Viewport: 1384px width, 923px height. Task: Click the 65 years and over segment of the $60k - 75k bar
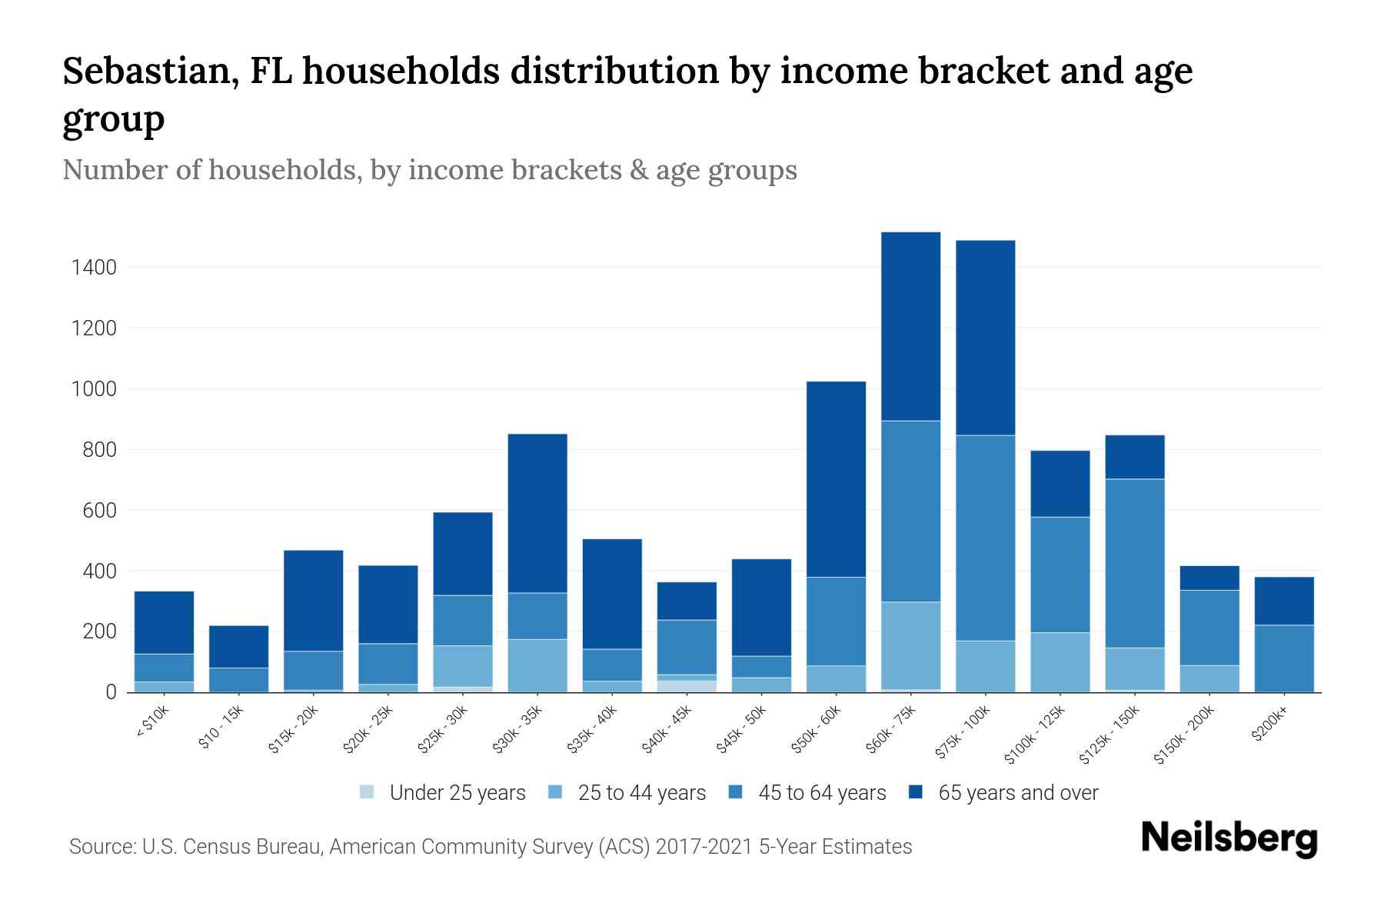click(910, 326)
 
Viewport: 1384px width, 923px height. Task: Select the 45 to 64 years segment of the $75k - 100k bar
click(985, 538)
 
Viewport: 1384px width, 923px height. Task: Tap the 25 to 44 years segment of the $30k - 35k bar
click(537, 665)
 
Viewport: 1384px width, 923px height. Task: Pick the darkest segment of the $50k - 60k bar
click(836, 478)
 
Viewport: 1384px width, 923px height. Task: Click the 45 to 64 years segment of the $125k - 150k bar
click(1135, 563)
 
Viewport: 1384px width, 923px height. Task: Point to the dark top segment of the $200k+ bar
click(1284, 601)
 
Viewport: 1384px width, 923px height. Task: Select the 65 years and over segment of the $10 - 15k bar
click(238, 646)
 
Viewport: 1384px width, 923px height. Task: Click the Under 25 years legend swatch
click(368, 792)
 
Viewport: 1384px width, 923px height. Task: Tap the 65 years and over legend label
click(1018, 793)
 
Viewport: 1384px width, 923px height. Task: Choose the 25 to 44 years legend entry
click(641, 793)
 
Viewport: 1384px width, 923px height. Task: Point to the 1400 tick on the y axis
click(94, 268)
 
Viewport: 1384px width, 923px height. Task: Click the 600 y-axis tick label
click(99, 511)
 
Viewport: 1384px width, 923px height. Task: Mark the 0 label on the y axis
click(111, 692)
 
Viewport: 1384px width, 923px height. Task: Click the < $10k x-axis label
click(152, 723)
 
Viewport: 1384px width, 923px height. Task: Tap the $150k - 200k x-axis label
click(1184, 735)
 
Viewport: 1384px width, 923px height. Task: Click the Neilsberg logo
click(1229, 838)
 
